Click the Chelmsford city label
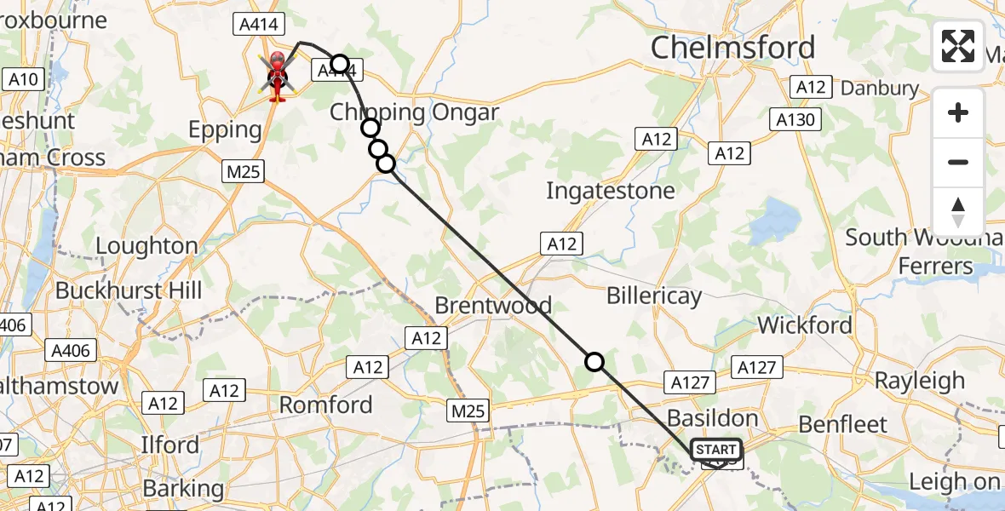pyautogui.click(x=732, y=48)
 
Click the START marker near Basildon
pyautogui.click(x=716, y=450)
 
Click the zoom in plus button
pyautogui.click(x=958, y=112)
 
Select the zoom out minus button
pyautogui.click(x=958, y=162)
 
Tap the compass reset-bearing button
pyautogui.click(x=958, y=211)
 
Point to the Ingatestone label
pyautogui.click(x=610, y=191)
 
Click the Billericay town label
pyautogui.click(x=654, y=296)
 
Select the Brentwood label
pyautogui.click(x=493, y=305)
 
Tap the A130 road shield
pyautogui.click(x=795, y=120)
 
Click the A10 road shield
pyautogui.click(x=23, y=80)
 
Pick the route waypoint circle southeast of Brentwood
pyautogui.click(x=594, y=363)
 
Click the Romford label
pyautogui.click(x=326, y=405)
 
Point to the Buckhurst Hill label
pyautogui.click(x=129, y=290)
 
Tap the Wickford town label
pyautogui.click(x=804, y=325)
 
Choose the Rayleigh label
pyautogui.click(x=920, y=381)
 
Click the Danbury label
pyautogui.click(x=880, y=88)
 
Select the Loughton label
pyautogui.click(x=146, y=247)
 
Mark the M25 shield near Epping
pyautogui.click(x=242, y=171)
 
